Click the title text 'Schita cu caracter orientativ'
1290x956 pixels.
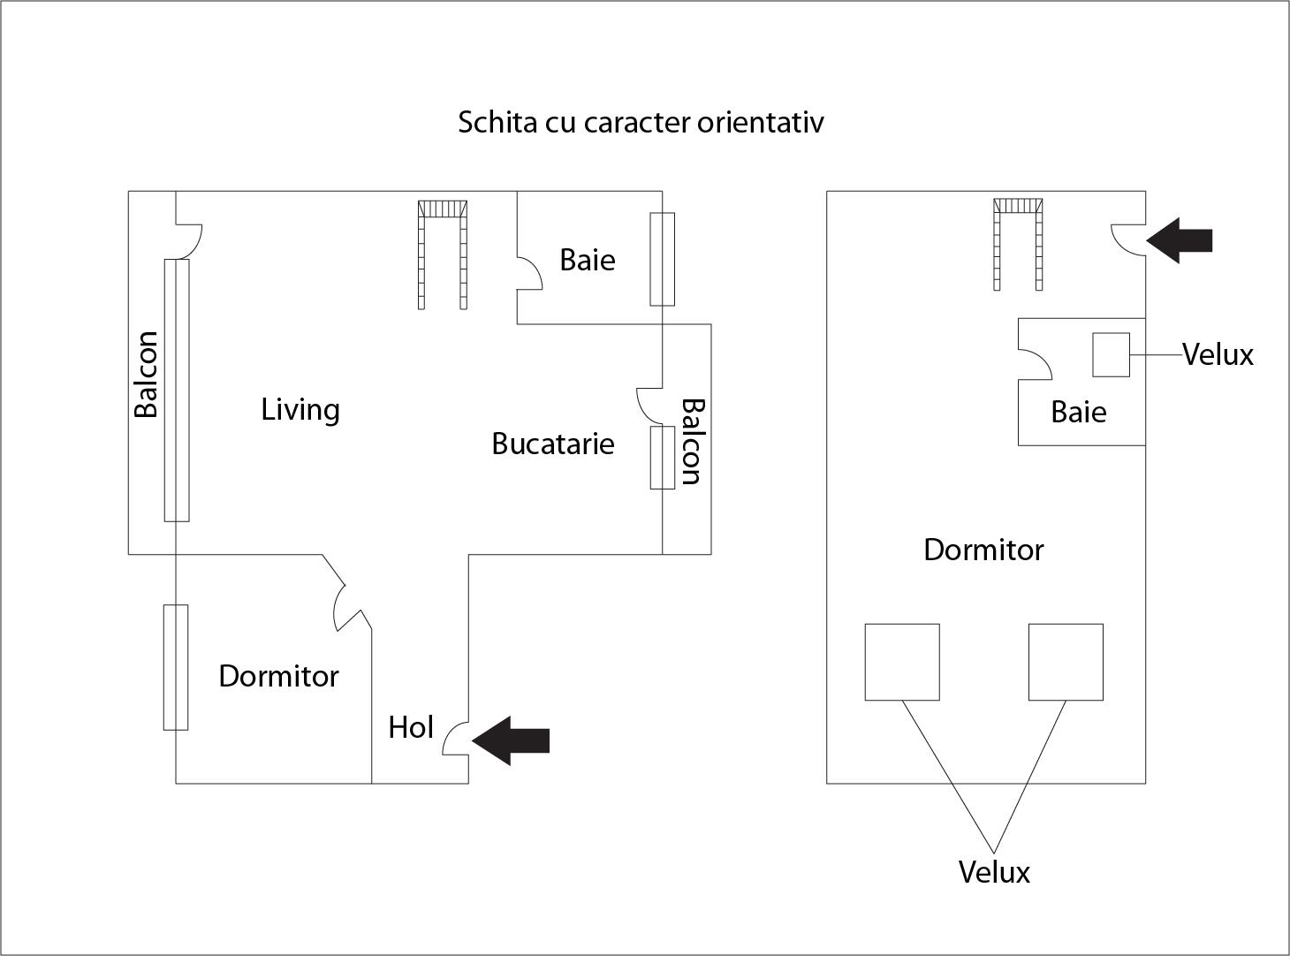tap(641, 122)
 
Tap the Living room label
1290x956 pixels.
tap(300, 410)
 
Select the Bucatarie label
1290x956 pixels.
tap(553, 444)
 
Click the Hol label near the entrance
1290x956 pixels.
tap(411, 728)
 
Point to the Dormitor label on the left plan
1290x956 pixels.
tap(278, 677)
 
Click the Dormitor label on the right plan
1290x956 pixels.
tap(983, 550)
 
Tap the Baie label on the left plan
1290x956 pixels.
tap(588, 261)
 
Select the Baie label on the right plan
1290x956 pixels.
tap(1078, 413)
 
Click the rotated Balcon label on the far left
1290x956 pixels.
tap(147, 374)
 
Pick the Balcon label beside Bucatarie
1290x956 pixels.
tap(691, 442)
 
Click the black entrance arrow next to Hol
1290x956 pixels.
tap(512, 740)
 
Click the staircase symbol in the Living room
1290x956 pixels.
tap(442, 254)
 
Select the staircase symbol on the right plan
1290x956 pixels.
tap(1018, 243)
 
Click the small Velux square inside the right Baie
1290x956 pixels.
tap(1111, 354)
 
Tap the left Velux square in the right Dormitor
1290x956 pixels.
tap(901, 662)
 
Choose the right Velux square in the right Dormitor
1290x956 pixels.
tap(1066, 662)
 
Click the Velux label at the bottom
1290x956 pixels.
tap(994, 873)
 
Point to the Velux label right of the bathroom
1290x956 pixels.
tap(1218, 355)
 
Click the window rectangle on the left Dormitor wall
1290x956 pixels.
tap(176, 667)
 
